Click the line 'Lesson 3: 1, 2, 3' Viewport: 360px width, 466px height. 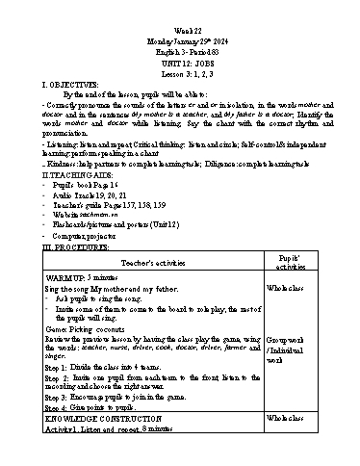179,49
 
